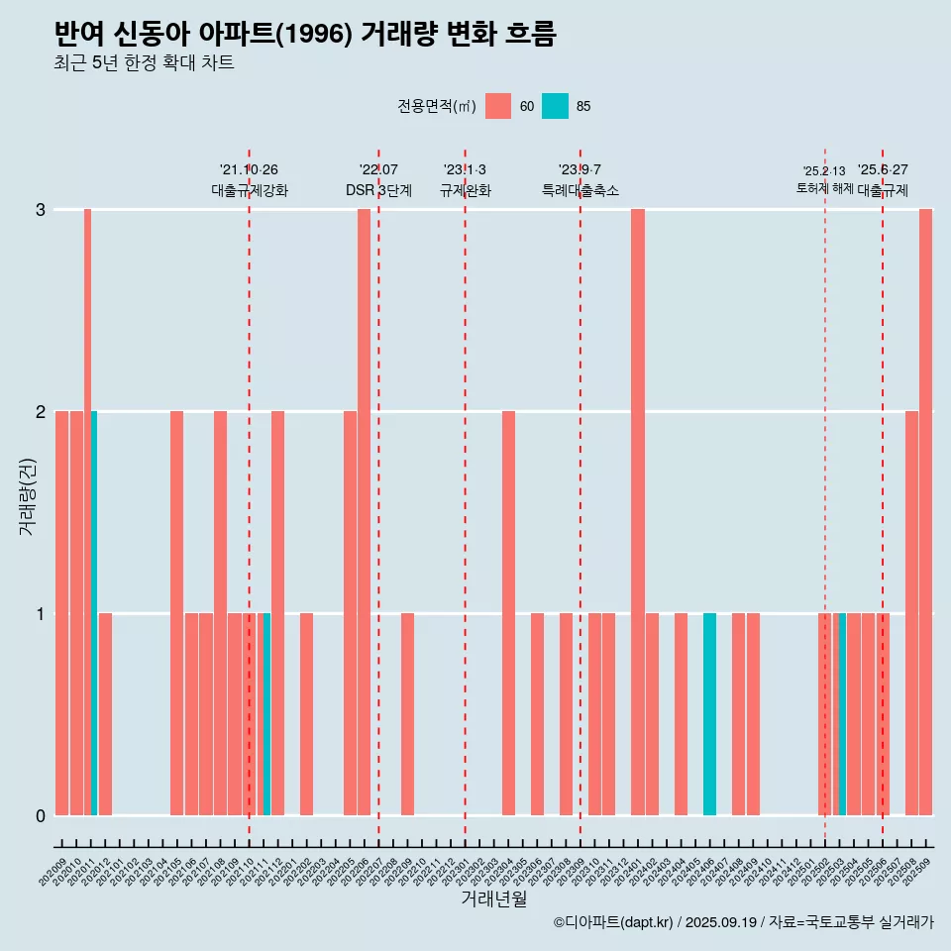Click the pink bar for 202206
point(364,512)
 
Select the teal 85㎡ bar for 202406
point(709,714)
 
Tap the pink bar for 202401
point(638,512)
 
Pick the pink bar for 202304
point(508,613)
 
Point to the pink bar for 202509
point(925,512)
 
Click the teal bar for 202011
point(94,613)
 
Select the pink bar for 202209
point(407,714)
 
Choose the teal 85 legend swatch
point(555,106)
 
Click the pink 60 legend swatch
point(498,106)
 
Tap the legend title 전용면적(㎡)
point(436,106)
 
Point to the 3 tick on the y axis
point(41,210)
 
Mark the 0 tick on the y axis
point(41,816)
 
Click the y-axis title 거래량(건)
point(28,495)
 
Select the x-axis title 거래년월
point(493,898)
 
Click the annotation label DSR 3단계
point(378,190)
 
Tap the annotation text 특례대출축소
point(580,190)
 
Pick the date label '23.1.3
point(465,170)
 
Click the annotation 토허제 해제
point(824,187)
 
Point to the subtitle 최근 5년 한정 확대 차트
point(144,63)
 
